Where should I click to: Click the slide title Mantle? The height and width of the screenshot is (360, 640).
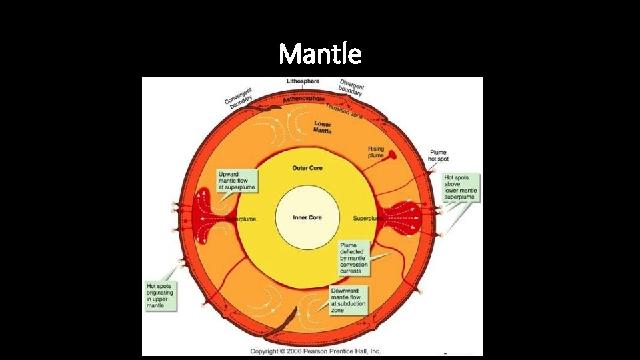(320, 53)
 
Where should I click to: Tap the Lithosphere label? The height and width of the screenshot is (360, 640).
(303, 81)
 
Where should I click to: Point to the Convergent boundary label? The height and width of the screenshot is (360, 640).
(237, 98)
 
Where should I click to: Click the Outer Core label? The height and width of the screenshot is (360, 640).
(307, 168)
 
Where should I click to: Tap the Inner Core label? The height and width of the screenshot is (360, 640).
(307, 218)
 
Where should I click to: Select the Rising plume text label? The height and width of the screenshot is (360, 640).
(376, 152)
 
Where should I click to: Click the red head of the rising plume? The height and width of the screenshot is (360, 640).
(393, 155)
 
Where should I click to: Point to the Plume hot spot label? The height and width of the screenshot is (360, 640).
(438, 155)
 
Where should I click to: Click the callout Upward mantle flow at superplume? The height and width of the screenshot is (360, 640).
(237, 181)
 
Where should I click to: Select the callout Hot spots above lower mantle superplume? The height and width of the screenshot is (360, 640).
(461, 187)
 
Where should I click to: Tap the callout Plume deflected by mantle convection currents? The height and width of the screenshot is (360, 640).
(354, 258)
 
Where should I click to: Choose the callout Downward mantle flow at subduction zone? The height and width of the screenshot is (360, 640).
(349, 299)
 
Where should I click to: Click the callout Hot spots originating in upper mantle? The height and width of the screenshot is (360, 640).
(160, 295)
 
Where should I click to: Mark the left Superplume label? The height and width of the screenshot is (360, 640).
(241, 219)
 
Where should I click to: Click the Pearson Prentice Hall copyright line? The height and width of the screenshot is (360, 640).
(315, 351)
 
